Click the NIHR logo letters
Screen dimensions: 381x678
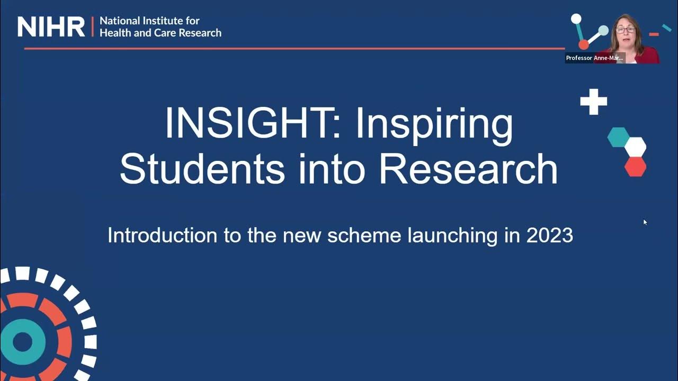tap(51, 26)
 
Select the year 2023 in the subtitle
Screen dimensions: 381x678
tap(549, 235)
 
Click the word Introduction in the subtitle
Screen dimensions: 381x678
tap(159, 235)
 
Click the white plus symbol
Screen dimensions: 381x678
tap(593, 102)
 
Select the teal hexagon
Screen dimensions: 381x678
tap(618, 137)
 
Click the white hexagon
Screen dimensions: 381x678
tap(635, 147)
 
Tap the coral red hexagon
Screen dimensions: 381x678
tap(635, 166)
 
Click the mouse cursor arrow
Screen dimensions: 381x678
tap(645, 222)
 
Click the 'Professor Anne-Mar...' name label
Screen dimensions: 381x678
tap(594, 58)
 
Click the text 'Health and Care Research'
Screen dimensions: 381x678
tap(160, 33)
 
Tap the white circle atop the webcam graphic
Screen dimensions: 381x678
tap(576, 19)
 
